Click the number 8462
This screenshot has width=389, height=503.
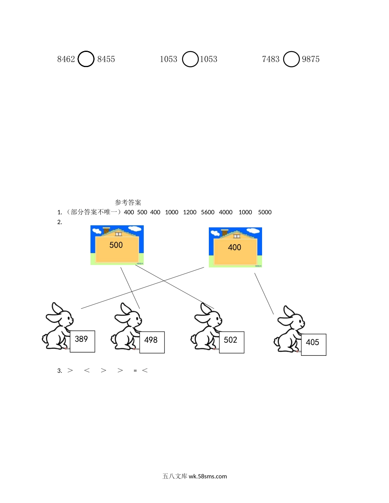coord(66,59)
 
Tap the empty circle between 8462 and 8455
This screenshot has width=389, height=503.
coord(86,59)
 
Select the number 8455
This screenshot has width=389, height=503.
coord(106,59)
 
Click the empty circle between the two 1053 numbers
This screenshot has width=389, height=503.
coord(190,59)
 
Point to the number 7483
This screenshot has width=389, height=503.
coord(271,59)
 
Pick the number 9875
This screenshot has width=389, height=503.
coord(311,59)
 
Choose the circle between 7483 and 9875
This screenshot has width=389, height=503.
coord(291,59)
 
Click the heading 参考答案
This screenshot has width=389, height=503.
coord(128,202)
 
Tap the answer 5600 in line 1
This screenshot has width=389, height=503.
coord(208,212)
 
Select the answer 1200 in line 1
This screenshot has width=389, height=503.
coord(190,212)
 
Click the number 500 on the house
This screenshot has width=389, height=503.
coord(116,245)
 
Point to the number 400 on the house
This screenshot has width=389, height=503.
coord(235,247)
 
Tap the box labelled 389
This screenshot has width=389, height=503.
coord(82,341)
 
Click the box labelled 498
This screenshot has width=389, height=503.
coord(152,342)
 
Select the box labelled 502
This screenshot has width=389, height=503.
coord(231,342)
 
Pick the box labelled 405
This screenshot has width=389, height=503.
coord(313,344)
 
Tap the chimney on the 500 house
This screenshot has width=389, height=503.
coord(106,231)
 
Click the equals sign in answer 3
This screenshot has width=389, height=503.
coord(135,371)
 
